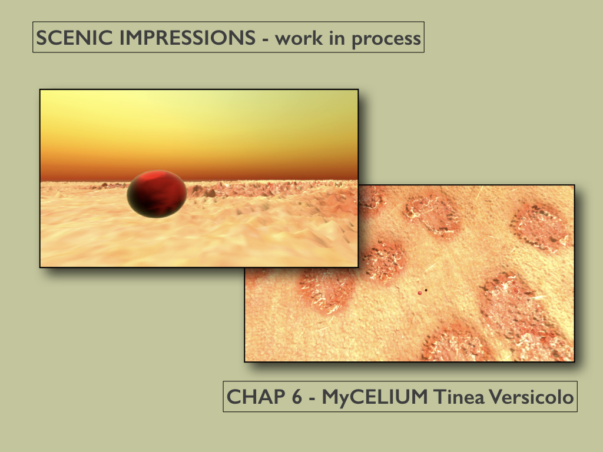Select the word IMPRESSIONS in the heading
(x=187, y=38)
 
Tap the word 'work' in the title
(x=299, y=38)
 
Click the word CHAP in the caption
(x=256, y=397)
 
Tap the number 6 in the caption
(x=297, y=397)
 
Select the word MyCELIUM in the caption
(x=375, y=397)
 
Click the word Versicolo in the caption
(x=532, y=397)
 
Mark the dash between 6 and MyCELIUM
(x=312, y=399)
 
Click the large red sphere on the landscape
(x=157, y=194)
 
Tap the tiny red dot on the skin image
(x=419, y=293)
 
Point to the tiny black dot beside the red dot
(x=426, y=290)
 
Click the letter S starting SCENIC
(x=42, y=38)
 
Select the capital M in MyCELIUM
(x=331, y=397)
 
